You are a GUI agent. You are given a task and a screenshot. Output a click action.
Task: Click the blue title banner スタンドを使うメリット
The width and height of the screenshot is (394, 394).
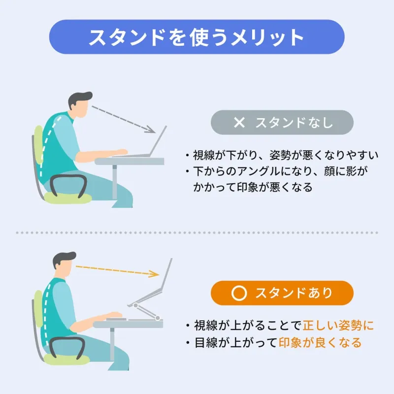[197, 37]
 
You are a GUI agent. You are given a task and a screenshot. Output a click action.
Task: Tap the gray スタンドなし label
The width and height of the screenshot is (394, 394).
[282, 123]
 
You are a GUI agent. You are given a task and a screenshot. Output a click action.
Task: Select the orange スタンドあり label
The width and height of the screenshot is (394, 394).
[282, 293]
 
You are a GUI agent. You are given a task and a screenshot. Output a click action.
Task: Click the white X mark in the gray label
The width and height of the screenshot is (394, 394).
[239, 123]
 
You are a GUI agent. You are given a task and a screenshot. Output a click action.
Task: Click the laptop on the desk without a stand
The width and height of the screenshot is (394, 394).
[145, 145]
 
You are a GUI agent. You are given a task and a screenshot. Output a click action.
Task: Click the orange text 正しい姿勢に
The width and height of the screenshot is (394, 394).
[338, 326]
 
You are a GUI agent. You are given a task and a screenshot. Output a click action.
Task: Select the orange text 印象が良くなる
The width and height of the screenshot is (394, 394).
[320, 342]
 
